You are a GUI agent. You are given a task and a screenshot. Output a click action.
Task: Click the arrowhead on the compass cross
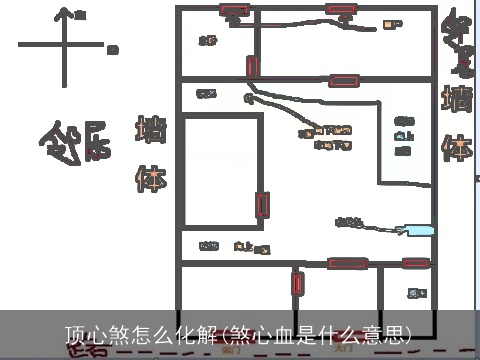click(66, 14)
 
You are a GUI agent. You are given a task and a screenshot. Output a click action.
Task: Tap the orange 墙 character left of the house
click(150, 131)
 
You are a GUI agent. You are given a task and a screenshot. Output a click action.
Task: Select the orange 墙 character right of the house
click(458, 100)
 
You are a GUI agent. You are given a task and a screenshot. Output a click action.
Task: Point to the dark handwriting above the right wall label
click(459, 45)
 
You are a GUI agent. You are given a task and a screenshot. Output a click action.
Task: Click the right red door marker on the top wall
click(340, 11)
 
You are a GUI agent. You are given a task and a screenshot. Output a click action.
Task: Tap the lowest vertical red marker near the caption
click(297, 283)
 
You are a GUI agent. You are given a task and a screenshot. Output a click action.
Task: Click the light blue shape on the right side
click(415, 230)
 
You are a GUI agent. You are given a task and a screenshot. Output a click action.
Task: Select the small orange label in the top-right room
click(393, 24)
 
